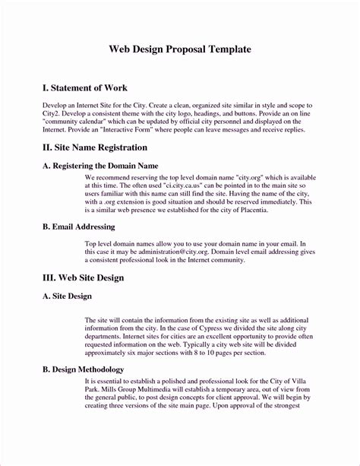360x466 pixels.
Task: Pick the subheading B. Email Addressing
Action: (x=78, y=227)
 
